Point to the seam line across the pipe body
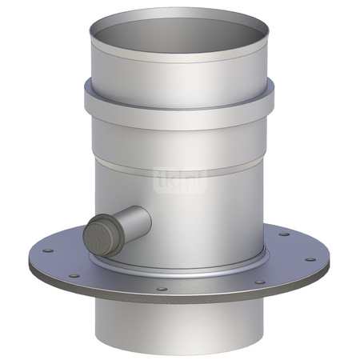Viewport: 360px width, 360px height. (x=192, y=160)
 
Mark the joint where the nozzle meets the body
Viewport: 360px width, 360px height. (x=146, y=218)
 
